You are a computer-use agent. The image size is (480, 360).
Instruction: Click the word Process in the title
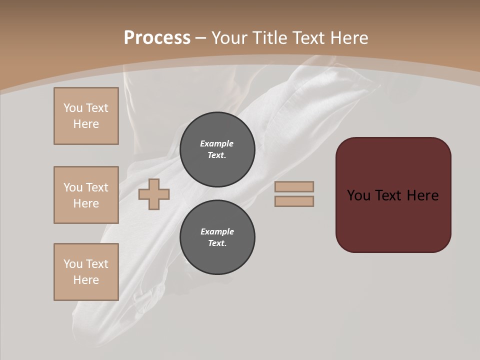[157, 37]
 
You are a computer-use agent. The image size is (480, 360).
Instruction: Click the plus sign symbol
[154, 194]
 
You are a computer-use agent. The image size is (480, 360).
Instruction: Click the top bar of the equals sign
[294, 186]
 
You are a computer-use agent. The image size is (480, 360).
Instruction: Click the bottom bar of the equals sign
[294, 201]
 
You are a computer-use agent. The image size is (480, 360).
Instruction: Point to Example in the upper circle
[216, 143]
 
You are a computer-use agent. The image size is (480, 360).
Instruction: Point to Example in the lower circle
[217, 231]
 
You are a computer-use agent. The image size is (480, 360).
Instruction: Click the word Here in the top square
[86, 124]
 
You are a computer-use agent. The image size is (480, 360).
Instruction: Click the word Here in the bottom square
[86, 280]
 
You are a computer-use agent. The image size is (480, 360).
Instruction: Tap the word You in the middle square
[73, 187]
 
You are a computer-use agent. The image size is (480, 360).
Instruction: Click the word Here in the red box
[422, 195]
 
